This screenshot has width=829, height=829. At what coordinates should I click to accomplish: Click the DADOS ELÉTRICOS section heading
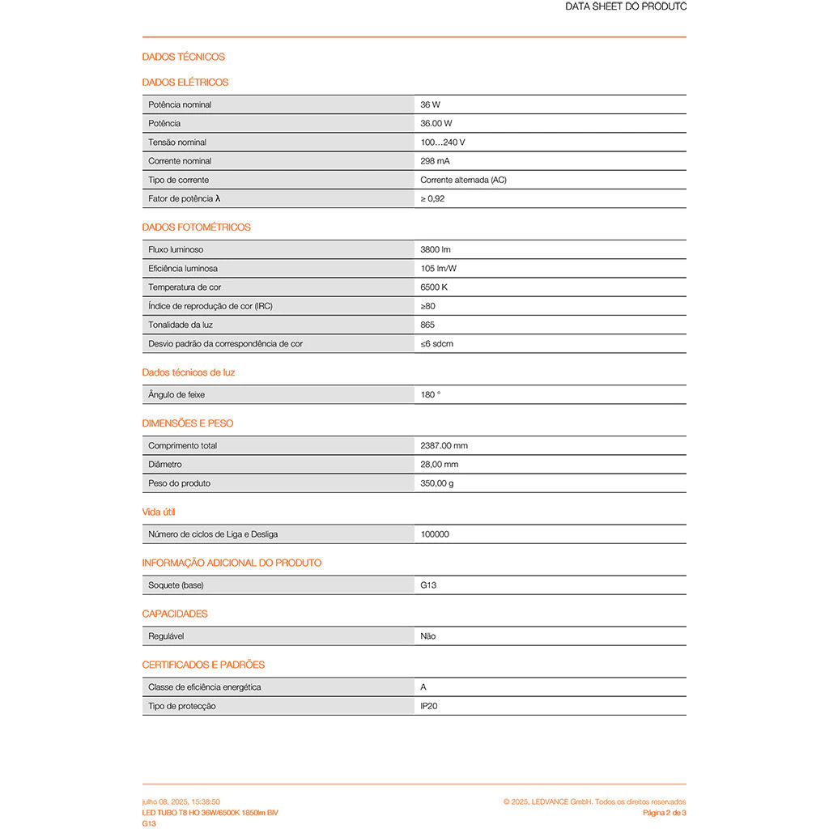185,82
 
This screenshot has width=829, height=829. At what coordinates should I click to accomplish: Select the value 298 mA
435,161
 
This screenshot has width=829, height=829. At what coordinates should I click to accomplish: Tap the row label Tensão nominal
177,142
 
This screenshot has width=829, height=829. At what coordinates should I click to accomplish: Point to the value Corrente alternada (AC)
463,180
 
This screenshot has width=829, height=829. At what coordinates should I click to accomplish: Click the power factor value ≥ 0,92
432,198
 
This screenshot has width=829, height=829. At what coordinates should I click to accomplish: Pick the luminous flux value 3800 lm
436,250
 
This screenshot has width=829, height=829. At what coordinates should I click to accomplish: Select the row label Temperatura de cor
185,287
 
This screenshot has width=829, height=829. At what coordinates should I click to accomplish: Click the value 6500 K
434,287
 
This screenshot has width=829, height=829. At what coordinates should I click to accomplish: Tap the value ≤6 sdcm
437,344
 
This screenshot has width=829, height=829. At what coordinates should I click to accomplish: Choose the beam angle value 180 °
431,395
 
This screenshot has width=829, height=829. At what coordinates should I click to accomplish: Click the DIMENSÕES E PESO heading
188,423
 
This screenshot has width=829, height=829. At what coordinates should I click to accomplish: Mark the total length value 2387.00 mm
444,446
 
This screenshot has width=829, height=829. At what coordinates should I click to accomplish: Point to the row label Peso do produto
179,483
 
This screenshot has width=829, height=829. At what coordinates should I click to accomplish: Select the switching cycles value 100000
435,534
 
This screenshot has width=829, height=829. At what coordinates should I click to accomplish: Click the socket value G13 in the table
428,585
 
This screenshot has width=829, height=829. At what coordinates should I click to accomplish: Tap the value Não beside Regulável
428,636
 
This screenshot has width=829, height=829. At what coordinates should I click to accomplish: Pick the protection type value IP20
429,706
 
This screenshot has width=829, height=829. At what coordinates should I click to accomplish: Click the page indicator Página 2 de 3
664,812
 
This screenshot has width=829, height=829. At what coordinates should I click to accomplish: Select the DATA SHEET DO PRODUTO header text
626,6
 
